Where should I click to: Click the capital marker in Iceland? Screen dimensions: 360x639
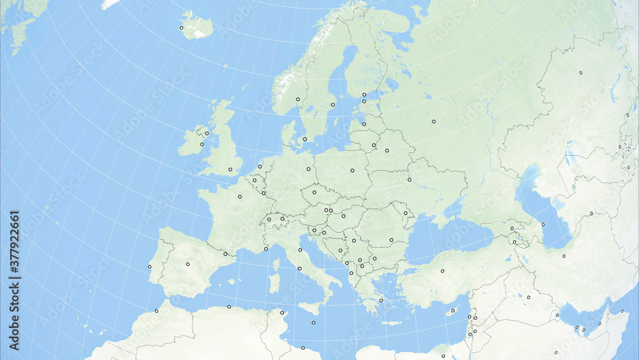coord(181,27)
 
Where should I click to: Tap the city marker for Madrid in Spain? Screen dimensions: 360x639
coord(188,263)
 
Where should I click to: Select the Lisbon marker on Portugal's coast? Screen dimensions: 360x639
coord(150,267)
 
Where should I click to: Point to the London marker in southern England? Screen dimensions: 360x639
coord(230,169)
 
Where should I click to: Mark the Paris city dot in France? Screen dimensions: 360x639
coord(240,196)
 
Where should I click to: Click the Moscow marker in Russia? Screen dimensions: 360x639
coord(433,121)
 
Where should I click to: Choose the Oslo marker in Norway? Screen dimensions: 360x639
coord(298,99)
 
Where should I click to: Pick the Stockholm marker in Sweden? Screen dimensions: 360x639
coord(332,104)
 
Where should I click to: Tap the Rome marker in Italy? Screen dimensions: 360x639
coord(299,269)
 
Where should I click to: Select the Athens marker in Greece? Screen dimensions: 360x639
coord(381,300)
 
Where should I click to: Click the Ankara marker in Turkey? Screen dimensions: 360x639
coord(442,271)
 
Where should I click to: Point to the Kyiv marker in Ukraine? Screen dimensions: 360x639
coord(409,179)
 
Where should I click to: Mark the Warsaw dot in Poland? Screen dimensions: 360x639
coord(352,171)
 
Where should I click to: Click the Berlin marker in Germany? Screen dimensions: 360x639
coord(308,169)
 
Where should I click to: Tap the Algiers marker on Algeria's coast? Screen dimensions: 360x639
coord(229,306)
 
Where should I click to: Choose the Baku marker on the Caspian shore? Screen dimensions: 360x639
coord(543,224)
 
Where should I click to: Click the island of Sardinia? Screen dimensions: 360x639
coord(274,283)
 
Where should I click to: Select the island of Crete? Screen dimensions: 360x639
coord(391,323)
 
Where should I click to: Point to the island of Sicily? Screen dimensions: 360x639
coord(311,308)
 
